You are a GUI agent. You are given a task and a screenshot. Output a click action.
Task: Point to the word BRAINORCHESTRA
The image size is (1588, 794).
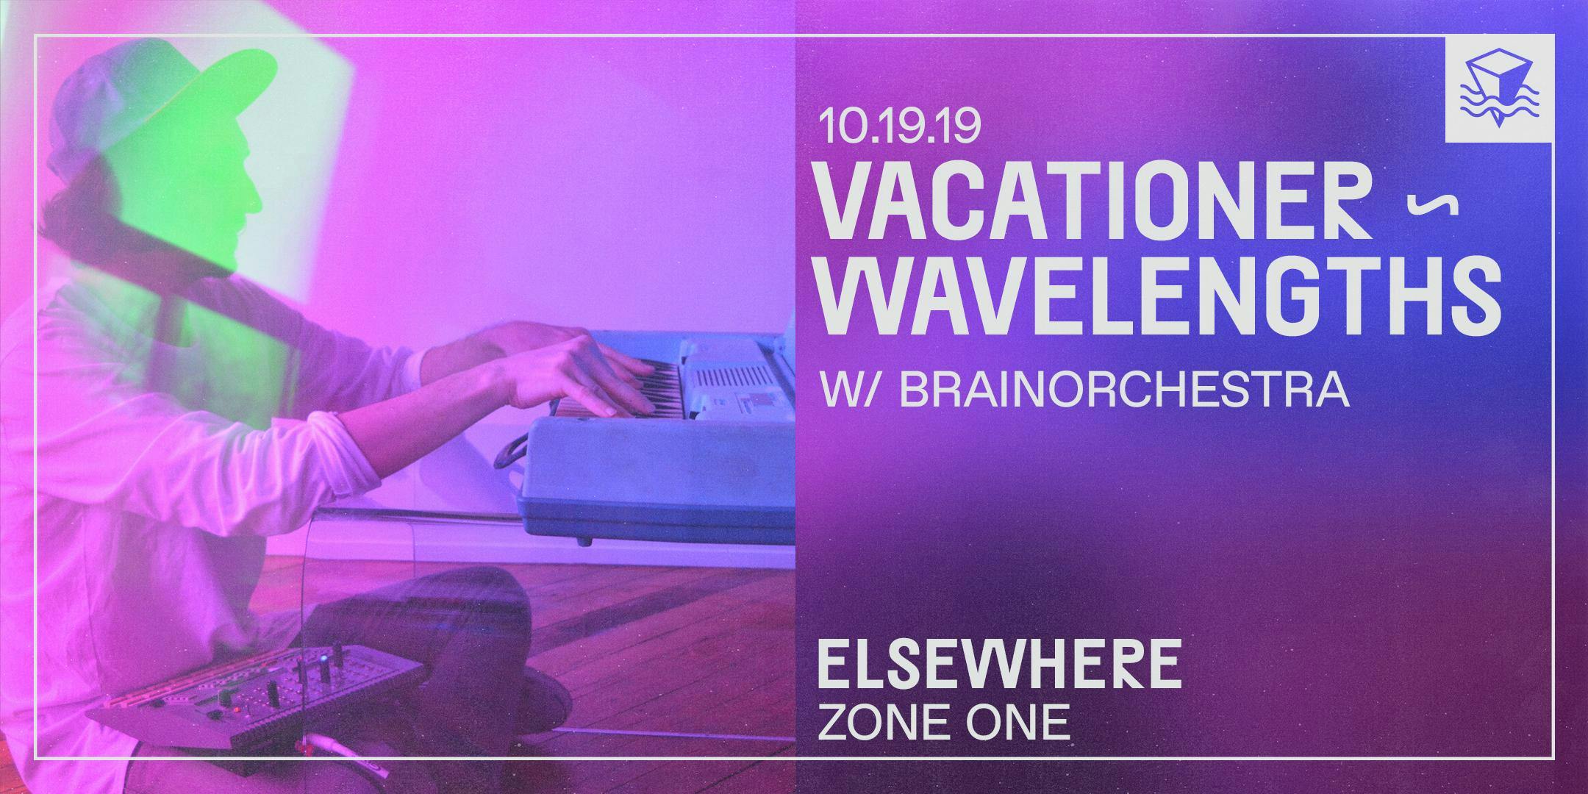pos(1123,390)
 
